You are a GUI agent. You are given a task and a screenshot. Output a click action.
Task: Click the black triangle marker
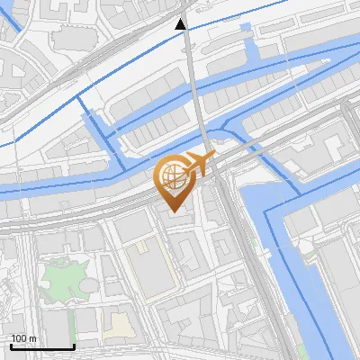181,24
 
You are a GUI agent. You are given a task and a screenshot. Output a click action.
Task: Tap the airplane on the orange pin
199,165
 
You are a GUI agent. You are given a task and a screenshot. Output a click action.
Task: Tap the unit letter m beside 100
32,338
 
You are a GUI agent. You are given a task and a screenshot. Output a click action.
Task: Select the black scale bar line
41,346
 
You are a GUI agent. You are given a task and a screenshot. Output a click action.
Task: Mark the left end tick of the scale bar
10,345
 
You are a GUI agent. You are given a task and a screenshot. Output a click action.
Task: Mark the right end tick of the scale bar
74,345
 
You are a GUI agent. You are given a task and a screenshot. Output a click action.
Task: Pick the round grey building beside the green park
89,286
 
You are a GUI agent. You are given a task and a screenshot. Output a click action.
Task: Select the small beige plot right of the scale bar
115,325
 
